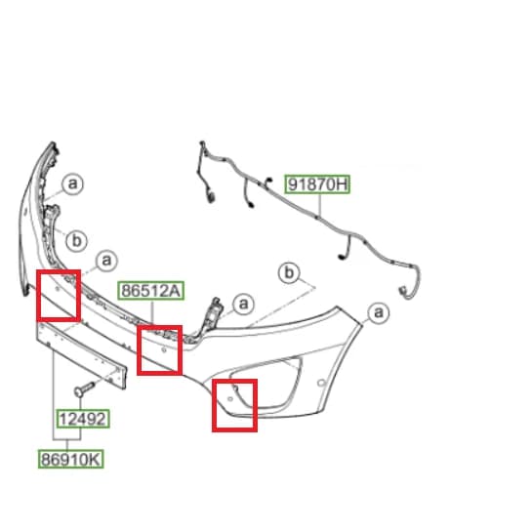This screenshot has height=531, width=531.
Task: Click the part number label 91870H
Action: coord(317,184)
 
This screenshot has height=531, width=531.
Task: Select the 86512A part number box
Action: coord(151,290)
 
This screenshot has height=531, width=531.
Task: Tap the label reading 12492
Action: coord(83,419)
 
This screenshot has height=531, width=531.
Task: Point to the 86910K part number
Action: coord(71,459)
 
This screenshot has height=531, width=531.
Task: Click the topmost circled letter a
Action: coord(72,184)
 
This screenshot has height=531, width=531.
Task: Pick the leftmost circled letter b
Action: coord(77,241)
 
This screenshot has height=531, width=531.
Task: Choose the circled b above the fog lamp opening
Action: coord(289,272)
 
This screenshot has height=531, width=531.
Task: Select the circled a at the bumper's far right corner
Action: coord(379,312)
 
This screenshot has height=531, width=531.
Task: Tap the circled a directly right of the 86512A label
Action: coord(244,304)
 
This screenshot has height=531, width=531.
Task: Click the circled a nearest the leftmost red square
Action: coord(106,261)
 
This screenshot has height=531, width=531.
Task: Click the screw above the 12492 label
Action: coord(84,388)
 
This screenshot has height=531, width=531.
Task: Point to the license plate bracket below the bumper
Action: coord(81,355)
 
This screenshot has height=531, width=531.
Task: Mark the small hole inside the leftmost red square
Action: coord(58,289)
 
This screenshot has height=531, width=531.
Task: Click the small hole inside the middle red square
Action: coord(164,349)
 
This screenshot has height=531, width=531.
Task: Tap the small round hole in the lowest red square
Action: coord(230,399)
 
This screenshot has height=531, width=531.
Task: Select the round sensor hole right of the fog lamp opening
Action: coord(321,383)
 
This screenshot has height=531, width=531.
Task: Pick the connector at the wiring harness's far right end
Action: coord(403,291)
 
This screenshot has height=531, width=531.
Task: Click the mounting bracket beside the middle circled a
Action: coord(213,313)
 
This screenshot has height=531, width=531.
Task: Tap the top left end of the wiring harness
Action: coord(202,143)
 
